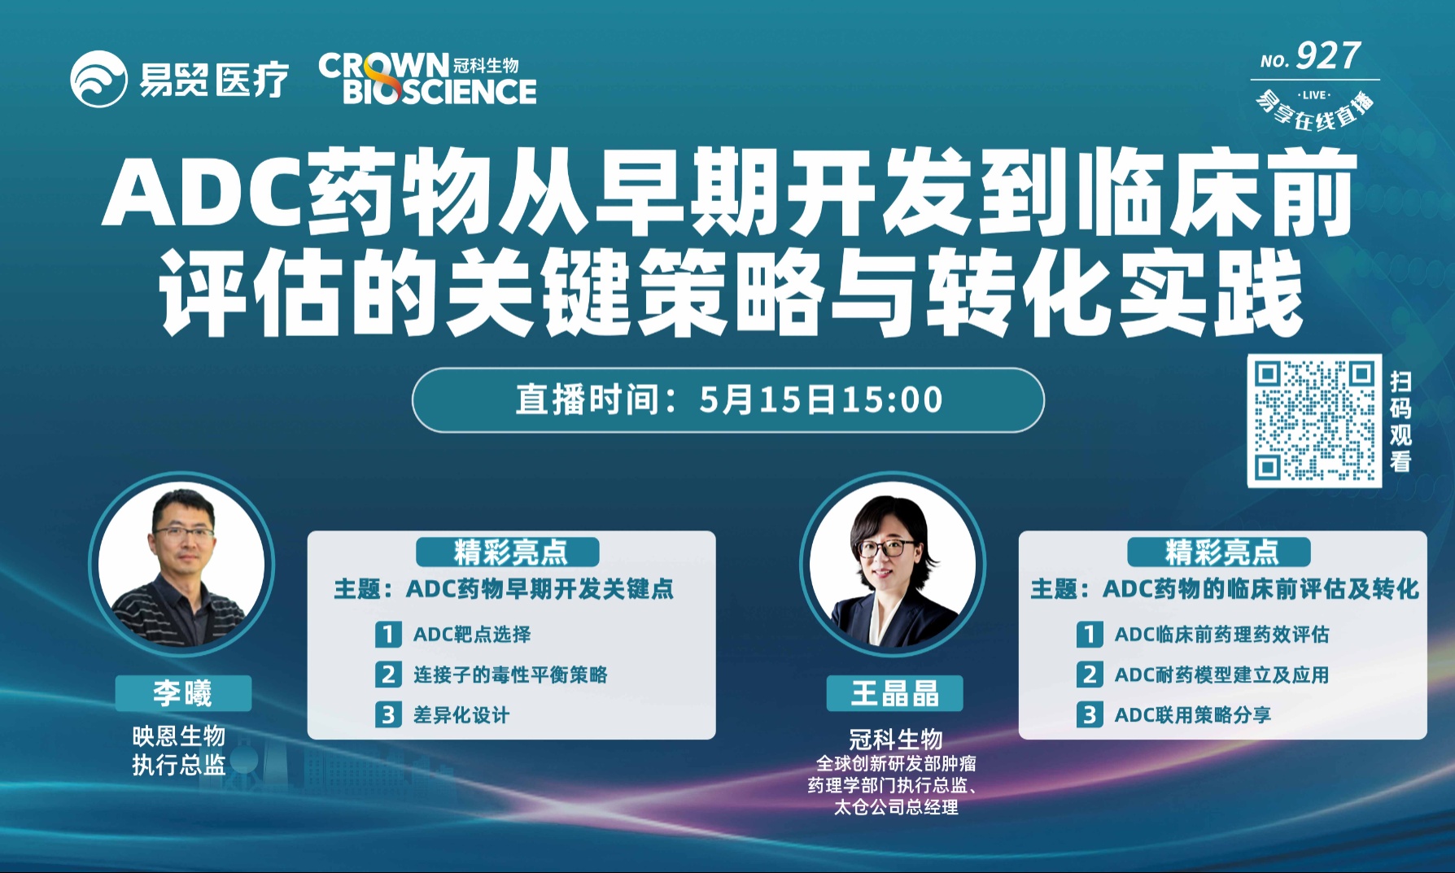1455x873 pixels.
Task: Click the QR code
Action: [1314, 421]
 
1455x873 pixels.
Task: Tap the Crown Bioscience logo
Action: [427, 79]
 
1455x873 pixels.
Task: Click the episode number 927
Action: [1328, 56]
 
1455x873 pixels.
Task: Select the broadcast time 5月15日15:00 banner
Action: [728, 399]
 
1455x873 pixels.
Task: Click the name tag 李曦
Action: [183, 693]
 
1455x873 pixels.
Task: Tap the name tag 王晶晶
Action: [894, 693]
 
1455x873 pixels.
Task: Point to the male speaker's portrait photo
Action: [181, 564]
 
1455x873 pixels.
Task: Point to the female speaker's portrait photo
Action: [894, 564]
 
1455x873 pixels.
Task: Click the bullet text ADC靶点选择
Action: [472, 634]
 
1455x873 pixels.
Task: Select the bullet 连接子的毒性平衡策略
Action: [510, 674]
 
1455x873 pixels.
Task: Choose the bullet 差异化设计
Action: [461, 715]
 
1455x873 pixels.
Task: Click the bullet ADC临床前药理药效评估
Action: [1221, 634]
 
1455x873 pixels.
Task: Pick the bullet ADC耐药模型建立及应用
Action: [1221, 674]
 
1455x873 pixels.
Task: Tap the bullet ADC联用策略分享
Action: [1192, 715]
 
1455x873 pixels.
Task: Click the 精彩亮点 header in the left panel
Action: [508, 552]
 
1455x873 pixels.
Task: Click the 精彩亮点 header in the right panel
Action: [1219, 552]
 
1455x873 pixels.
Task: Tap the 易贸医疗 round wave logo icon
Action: [98, 79]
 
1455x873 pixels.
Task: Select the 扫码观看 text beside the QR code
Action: [1400, 421]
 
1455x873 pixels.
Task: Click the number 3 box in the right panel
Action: [1089, 715]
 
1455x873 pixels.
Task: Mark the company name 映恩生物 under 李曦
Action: [179, 736]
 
